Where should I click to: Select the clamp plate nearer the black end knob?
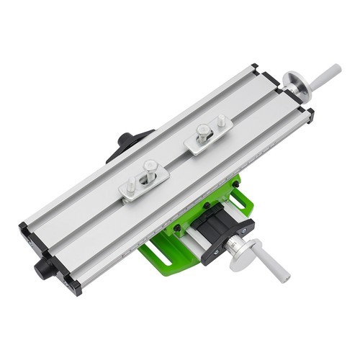click(x=144, y=180)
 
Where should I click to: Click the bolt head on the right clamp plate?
click(x=204, y=130)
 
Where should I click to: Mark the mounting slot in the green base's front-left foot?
click(x=155, y=253)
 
